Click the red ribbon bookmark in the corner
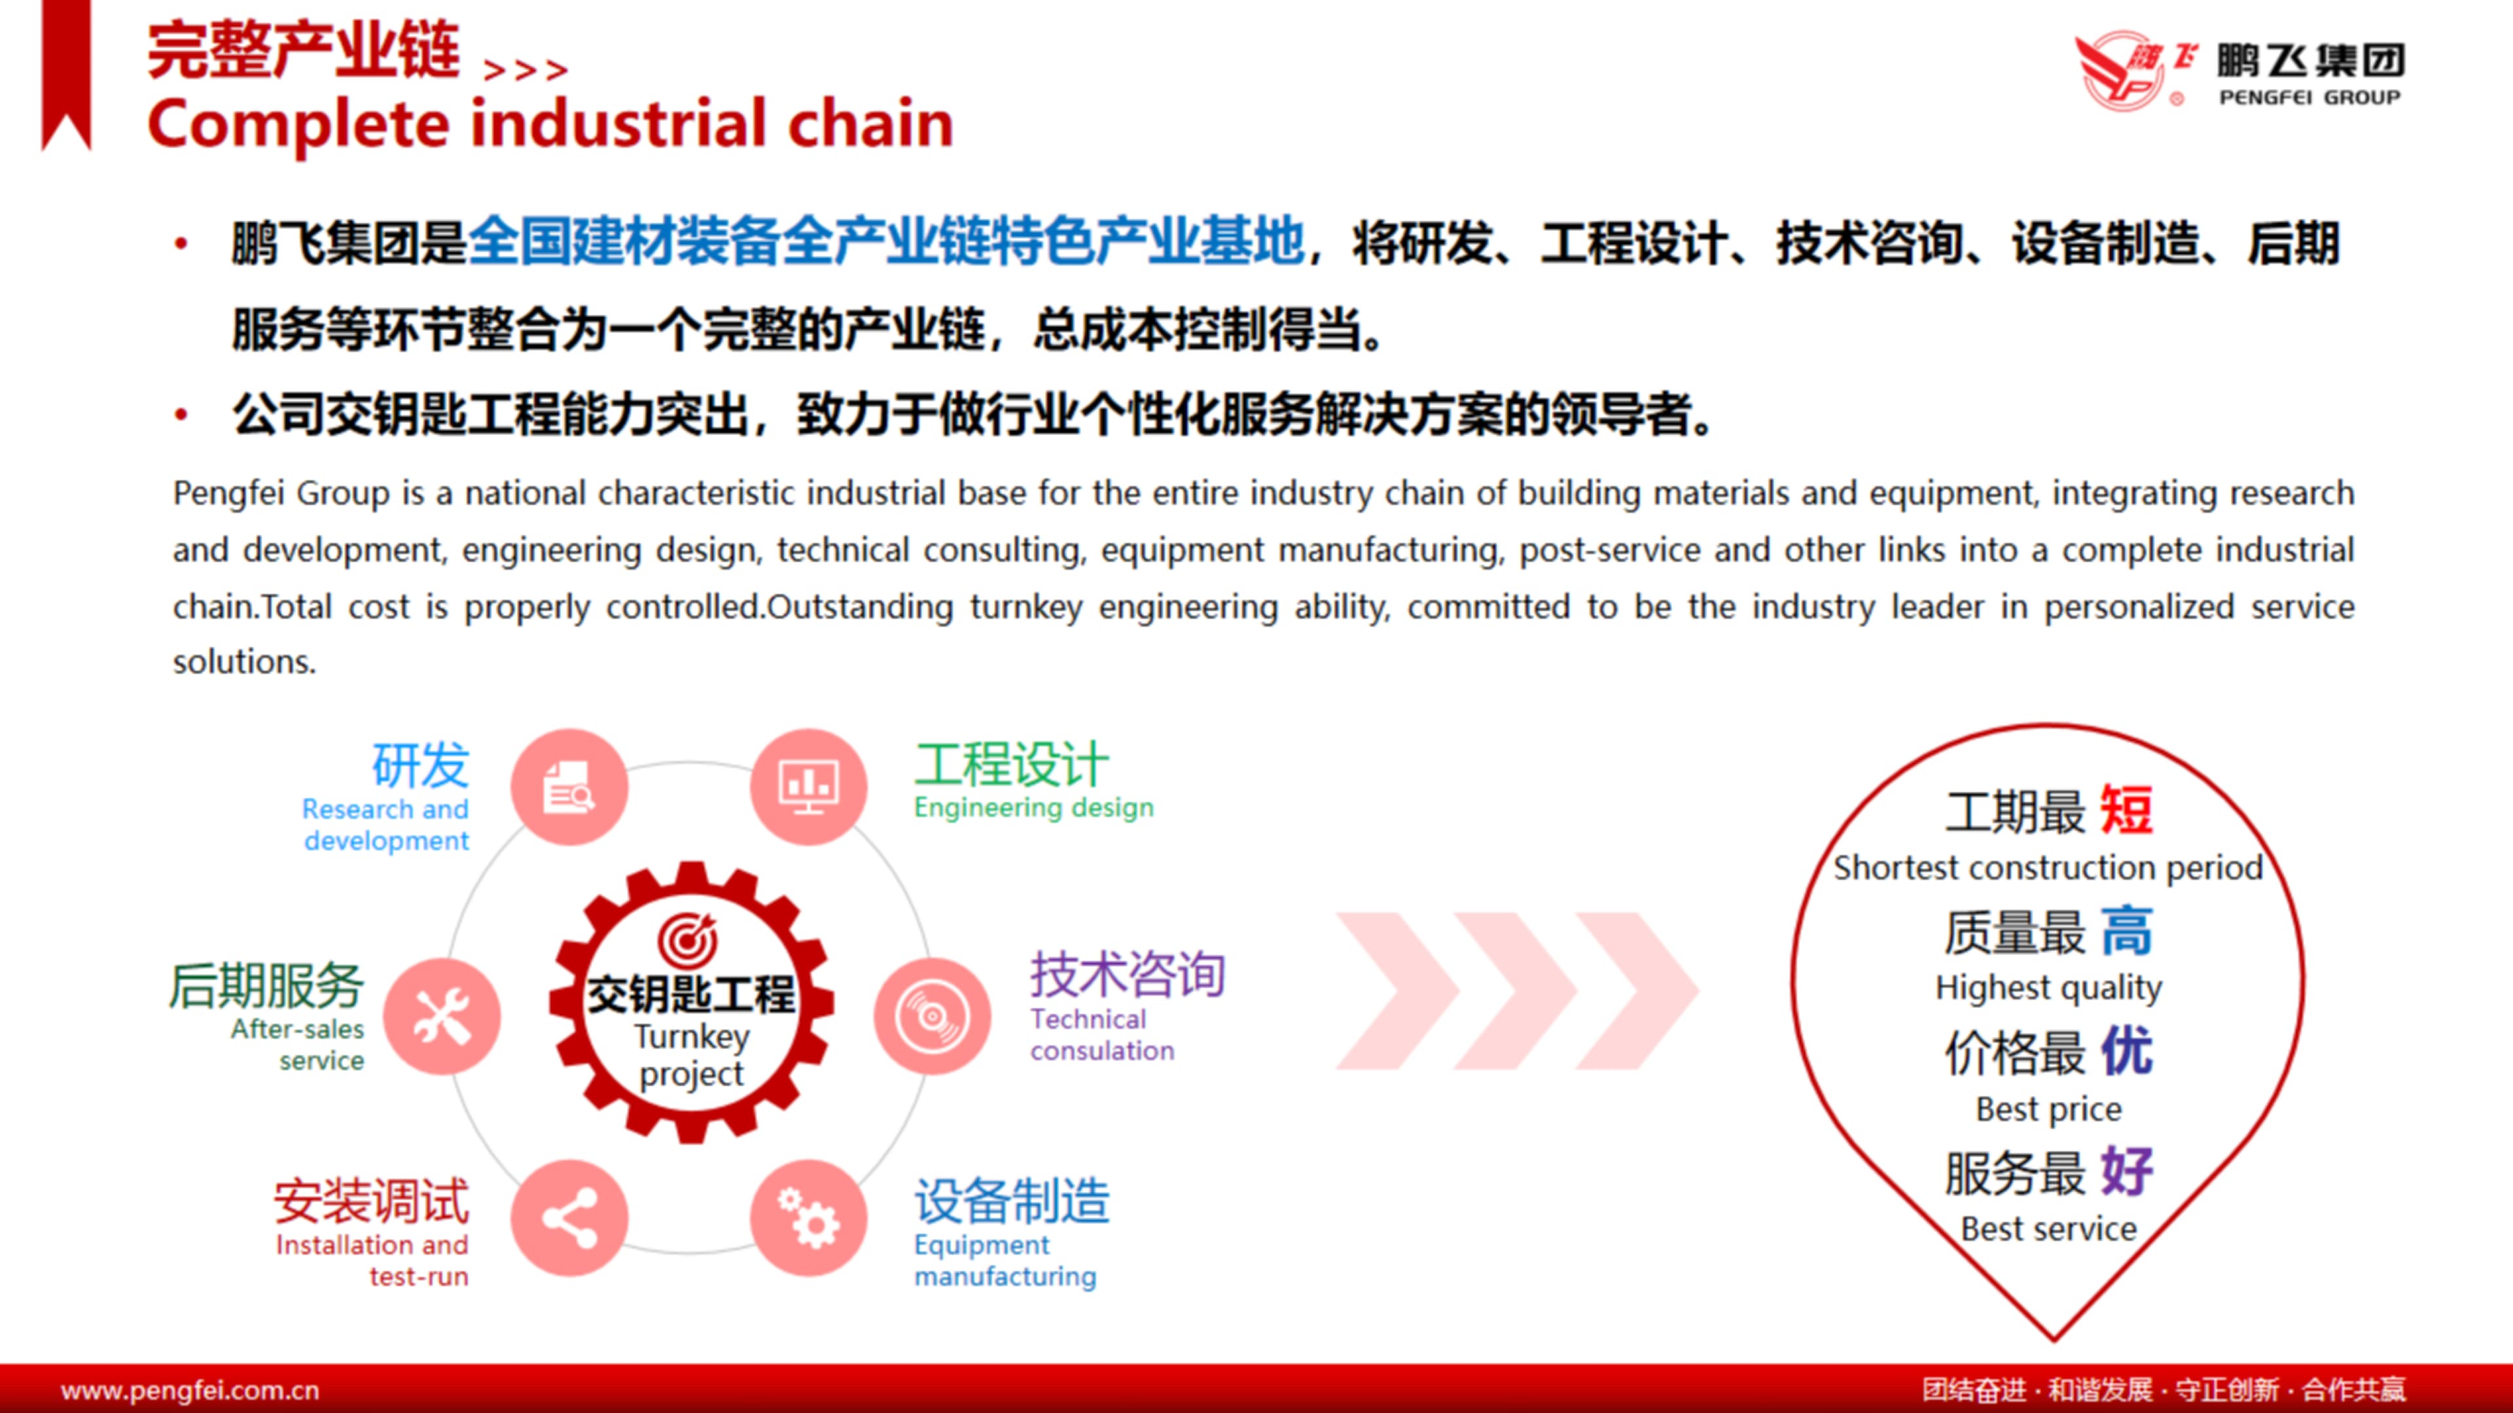(66, 75)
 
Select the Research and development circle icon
(570, 787)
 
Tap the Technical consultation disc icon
(933, 1016)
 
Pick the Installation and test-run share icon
(570, 1218)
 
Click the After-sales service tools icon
(442, 1016)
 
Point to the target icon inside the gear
(688, 938)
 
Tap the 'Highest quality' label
(2048, 988)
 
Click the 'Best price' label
(2048, 1109)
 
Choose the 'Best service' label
(2048, 1229)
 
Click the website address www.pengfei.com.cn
(190, 1389)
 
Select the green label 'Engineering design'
(1034, 807)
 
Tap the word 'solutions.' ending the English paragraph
(245, 662)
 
